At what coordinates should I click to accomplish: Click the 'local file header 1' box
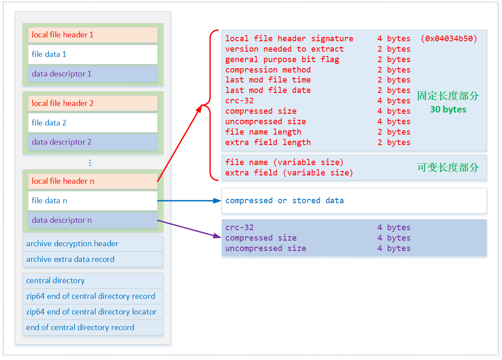(x=92, y=35)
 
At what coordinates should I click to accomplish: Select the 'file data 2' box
(x=92, y=123)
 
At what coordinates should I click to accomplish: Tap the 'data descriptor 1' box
(x=92, y=74)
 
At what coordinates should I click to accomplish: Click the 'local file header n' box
(x=92, y=181)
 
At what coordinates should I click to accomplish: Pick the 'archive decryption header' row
(x=92, y=244)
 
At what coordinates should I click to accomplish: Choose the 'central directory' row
(x=92, y=281)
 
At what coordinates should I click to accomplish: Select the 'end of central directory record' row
(x=92, y=327)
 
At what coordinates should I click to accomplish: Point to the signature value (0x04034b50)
(x=449, y=39)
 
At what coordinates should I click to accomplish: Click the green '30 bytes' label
(x=448, y=109)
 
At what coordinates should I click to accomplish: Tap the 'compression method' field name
(x=268, y=70)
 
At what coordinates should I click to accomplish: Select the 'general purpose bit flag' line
(x=282, y=59)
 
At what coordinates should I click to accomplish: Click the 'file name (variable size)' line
(x=284, y=162)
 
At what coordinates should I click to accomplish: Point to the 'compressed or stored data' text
(x=284, y=201)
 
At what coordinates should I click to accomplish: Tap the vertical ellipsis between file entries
(x=90, y=163)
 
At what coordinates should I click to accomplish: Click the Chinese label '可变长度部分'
(x=448, y=168)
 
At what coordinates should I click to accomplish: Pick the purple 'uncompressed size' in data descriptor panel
(x=266, y=248)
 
